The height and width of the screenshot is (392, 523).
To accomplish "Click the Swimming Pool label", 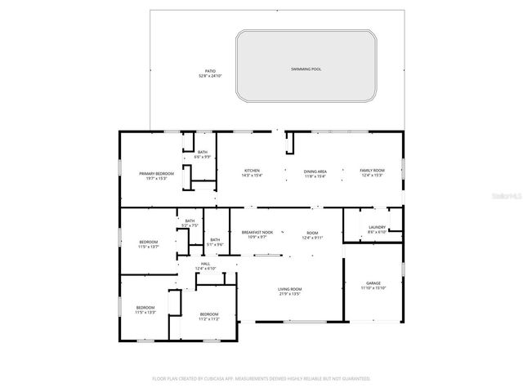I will click(x=306, y=69).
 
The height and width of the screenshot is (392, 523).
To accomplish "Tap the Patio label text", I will click(x=209, y=72).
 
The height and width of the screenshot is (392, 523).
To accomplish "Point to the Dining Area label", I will click(x=315, y=171).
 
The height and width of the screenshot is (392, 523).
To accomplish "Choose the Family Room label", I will click(x=372, y=171).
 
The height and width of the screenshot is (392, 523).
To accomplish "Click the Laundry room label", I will click(x=377, y=227).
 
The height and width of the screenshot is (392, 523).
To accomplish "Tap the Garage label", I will click(x=373, y=283).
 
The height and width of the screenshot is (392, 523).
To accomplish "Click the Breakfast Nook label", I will click(x=257, y=233).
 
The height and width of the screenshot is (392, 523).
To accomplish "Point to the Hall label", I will click(x=205, y=263).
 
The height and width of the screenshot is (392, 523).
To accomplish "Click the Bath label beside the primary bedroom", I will click(x=202, y=152).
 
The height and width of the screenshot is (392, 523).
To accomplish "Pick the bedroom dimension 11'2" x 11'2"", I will click(x=209, y=319).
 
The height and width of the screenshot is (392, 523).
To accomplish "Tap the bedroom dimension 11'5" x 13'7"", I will click(x=148, y=247).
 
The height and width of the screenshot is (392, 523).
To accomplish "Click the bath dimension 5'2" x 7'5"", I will click(x=190, y=225).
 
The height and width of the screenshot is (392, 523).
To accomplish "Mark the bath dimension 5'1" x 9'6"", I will click(x=214, y=244).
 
